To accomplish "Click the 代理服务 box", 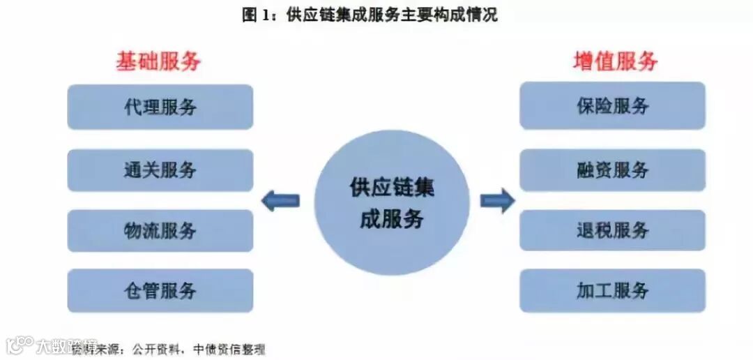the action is tap(160, 107).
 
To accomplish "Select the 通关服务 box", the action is tap(160, 170).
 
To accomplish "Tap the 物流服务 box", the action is tap(160, 230).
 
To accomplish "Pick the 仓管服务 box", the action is tap(160, 290).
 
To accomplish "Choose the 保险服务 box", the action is tap(612, 105).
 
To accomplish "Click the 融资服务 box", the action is tap(612, 170).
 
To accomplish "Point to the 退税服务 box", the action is tap(612, 230).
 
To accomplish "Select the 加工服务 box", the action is tap(612, 290).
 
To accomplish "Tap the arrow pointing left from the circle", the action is tap(280, 202).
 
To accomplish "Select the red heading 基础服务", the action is tap(158, 62).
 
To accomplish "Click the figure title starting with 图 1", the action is tap(370, 15).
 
